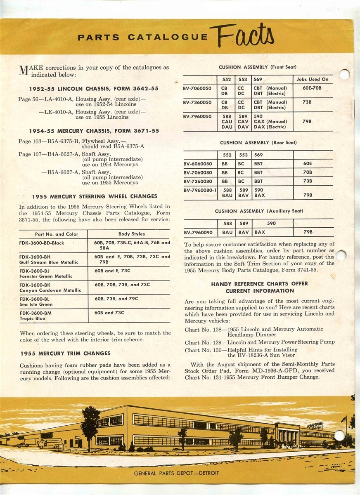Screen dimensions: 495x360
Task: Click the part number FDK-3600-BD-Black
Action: coord(42,243)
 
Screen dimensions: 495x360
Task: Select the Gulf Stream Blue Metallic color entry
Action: coord(49,262)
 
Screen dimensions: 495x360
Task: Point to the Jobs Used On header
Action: coord(312,79)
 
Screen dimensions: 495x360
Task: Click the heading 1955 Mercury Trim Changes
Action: coord(65,354)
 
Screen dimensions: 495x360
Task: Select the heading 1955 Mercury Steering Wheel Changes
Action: coord(95,196)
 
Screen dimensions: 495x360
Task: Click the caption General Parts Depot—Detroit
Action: coord(176,473)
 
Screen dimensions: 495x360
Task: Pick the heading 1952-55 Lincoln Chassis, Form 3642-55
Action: coord(94,89)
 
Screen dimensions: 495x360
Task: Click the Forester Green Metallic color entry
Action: coord(46,276)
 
